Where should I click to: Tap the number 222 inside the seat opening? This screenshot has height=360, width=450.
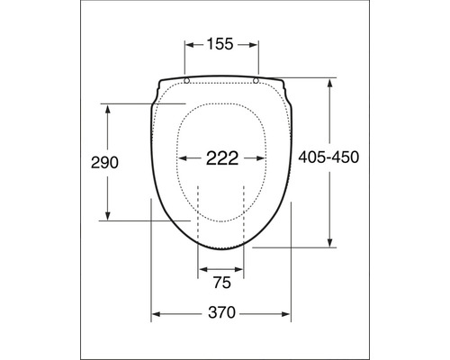pos(221,159)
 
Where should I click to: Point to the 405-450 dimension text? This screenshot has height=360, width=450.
pos(328,157)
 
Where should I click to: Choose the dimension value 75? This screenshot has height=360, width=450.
pos(220,283)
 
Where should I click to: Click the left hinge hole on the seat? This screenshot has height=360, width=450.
pos(186,81)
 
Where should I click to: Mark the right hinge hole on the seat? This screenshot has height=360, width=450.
pos(256,81)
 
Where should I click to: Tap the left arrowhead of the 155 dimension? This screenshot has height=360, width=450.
pos(190,43)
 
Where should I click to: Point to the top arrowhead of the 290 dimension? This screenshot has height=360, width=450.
pos(108,108)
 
